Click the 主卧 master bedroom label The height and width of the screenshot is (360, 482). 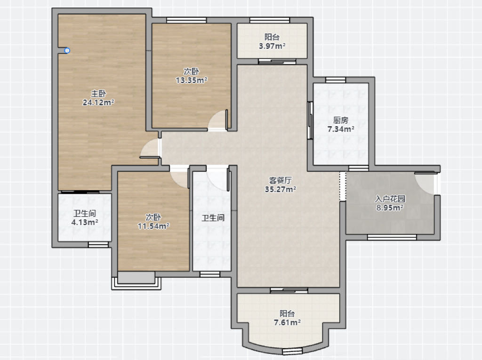pos(98,94)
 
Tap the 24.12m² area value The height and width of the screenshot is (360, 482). pos(98,103)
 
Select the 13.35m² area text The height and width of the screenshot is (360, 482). pos(191,80)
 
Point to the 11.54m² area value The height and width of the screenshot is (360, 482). pos(153,226)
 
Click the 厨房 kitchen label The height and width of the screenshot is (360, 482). pos(341,120)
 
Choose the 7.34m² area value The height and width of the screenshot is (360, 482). pos(341,129)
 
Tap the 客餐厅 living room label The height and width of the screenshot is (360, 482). pos(281,180)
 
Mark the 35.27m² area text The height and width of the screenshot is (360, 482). pos(281,189)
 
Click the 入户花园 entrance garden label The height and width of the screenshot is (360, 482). pos(390,199)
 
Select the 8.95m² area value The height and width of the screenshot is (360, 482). pos(390,208)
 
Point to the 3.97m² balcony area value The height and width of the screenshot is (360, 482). pos(272,46)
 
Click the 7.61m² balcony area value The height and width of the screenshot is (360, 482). pos(287,322)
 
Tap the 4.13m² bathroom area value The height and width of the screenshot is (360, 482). pos(85,222)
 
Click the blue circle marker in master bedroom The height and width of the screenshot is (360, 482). pos(67,51)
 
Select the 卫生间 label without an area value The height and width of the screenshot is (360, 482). pos(213,218)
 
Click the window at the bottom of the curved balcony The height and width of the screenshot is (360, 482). pos(292,352)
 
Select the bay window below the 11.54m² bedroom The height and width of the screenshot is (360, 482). pos(136,283)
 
